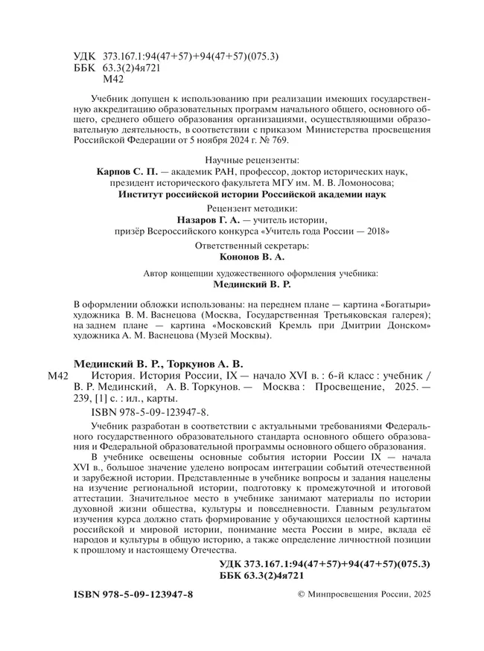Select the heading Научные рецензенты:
(252, 159)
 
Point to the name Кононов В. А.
(252, 256)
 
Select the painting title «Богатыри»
(401, 306)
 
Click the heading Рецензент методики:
(252, 209)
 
